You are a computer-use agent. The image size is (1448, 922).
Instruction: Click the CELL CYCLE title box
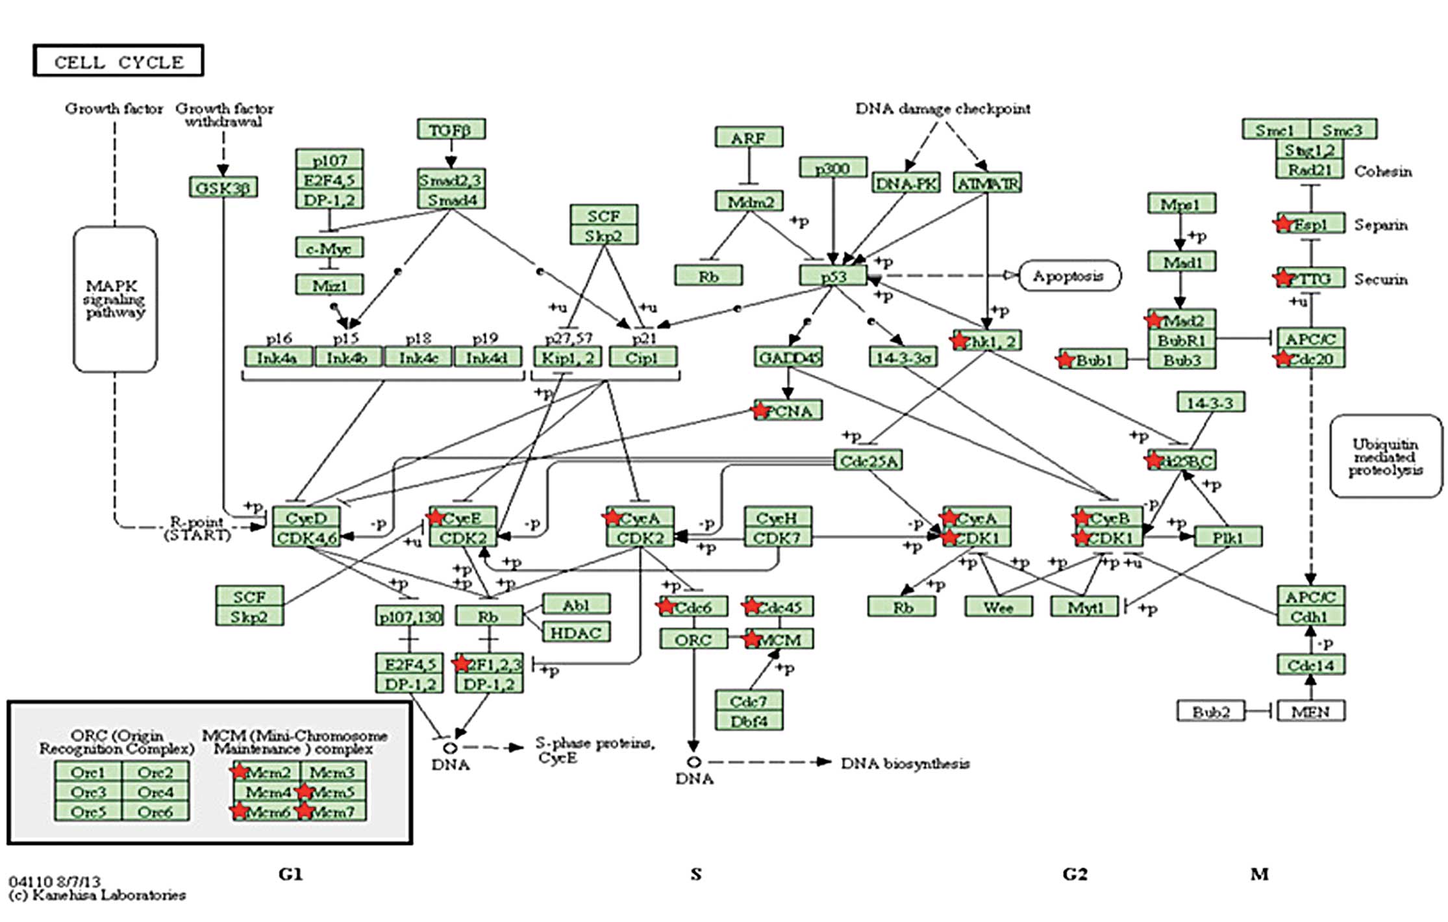tap(118, 61)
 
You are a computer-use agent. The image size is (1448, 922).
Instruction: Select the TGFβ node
tap(451, 130)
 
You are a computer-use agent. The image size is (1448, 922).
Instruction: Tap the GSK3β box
tap(223, 188)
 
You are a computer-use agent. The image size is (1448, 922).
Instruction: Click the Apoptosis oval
tap(1068, 276)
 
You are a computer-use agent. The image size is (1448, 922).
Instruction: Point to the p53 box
tap(834, 276)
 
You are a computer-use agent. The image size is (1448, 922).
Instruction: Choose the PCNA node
tap(788, 411)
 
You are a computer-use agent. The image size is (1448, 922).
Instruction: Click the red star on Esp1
tap(1283, 223)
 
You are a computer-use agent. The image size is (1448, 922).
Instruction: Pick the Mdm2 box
tap(749, 201)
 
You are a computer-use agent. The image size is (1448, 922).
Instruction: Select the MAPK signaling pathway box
tap(115, 299)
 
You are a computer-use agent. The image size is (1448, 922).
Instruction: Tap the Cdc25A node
tap(868, 461)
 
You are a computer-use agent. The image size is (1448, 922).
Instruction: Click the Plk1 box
tap(1228, 538)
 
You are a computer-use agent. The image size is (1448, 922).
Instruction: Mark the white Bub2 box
tap(1210, 712)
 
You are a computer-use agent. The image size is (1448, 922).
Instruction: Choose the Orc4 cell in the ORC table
tap(156, 792)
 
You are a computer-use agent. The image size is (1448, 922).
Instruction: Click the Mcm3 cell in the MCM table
tap(332, 773)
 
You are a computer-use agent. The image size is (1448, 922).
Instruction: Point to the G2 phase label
tap(1075, 875)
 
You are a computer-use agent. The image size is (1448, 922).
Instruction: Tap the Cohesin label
tap(1383, 171)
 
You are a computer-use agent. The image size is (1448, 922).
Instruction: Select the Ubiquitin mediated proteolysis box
tap(1386, 457)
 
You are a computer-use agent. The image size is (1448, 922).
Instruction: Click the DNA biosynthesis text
tap(905, 764)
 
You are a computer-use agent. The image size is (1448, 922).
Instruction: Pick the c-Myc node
tap(330, 248)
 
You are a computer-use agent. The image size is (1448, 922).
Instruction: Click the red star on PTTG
tap(1283, 278)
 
